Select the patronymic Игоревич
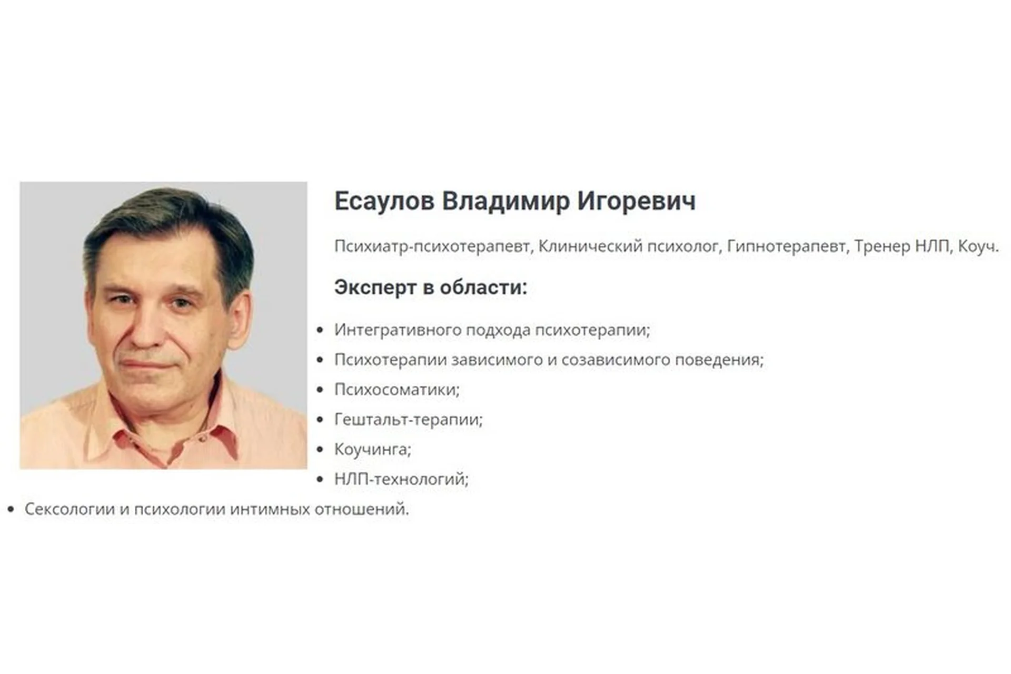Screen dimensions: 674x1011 point(636,201)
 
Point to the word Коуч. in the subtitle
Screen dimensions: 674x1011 point(978,246)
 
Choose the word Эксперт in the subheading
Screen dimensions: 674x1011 point(374,288)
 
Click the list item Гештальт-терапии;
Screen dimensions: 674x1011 point(409,420)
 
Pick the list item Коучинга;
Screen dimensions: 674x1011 point(373,450)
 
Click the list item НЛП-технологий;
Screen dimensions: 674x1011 point(401,479)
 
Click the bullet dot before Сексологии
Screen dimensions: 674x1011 point(11,509)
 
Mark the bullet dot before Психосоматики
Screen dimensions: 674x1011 point(320,390)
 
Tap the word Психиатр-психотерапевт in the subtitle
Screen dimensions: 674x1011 point(432,246)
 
